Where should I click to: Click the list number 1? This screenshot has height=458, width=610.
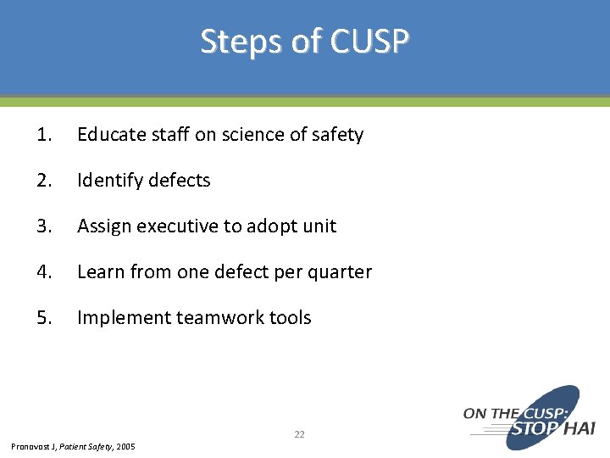point(45,135)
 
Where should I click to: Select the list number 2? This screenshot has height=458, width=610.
point(45,181)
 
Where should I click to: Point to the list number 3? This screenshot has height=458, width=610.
point(45,226)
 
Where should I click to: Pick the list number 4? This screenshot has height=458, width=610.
point(45,272)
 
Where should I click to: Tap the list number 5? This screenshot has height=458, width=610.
point(45,318)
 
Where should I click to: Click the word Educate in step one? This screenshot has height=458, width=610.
point(108,135)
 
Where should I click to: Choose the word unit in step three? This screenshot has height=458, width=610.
point(319,226)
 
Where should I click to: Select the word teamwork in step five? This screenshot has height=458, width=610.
point(220,318)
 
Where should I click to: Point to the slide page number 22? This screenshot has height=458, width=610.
point(299,434)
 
